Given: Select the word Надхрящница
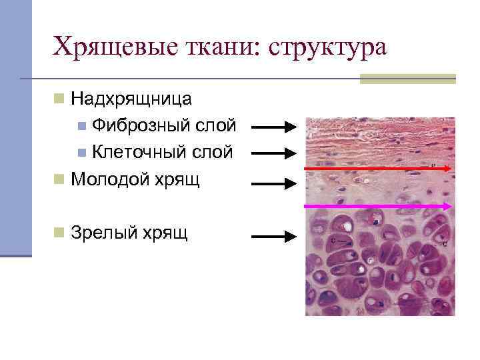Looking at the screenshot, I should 131,100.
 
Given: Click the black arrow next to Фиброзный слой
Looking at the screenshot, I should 274,127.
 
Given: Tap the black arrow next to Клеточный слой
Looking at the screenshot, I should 274,153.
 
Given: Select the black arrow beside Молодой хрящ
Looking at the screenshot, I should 274,181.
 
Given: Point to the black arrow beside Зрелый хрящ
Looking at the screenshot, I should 274,235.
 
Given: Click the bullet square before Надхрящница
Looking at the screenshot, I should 59,100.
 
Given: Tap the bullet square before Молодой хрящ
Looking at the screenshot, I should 59,179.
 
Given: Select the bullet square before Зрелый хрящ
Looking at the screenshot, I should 59,232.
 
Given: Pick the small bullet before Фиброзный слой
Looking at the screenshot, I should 81,125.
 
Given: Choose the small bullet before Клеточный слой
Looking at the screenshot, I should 81,152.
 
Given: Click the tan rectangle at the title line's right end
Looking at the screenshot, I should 407,79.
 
